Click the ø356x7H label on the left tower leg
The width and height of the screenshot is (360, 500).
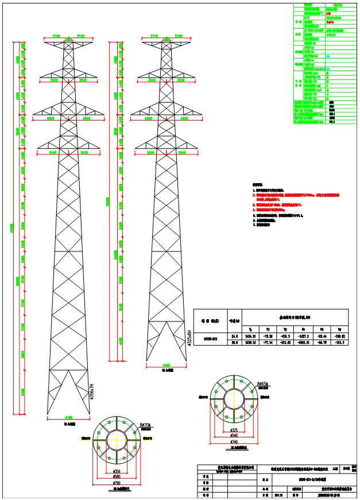91,397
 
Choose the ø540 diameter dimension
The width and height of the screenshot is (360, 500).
234,435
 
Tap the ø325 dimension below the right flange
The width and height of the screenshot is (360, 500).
234,429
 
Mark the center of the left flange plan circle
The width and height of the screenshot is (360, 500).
118,440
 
